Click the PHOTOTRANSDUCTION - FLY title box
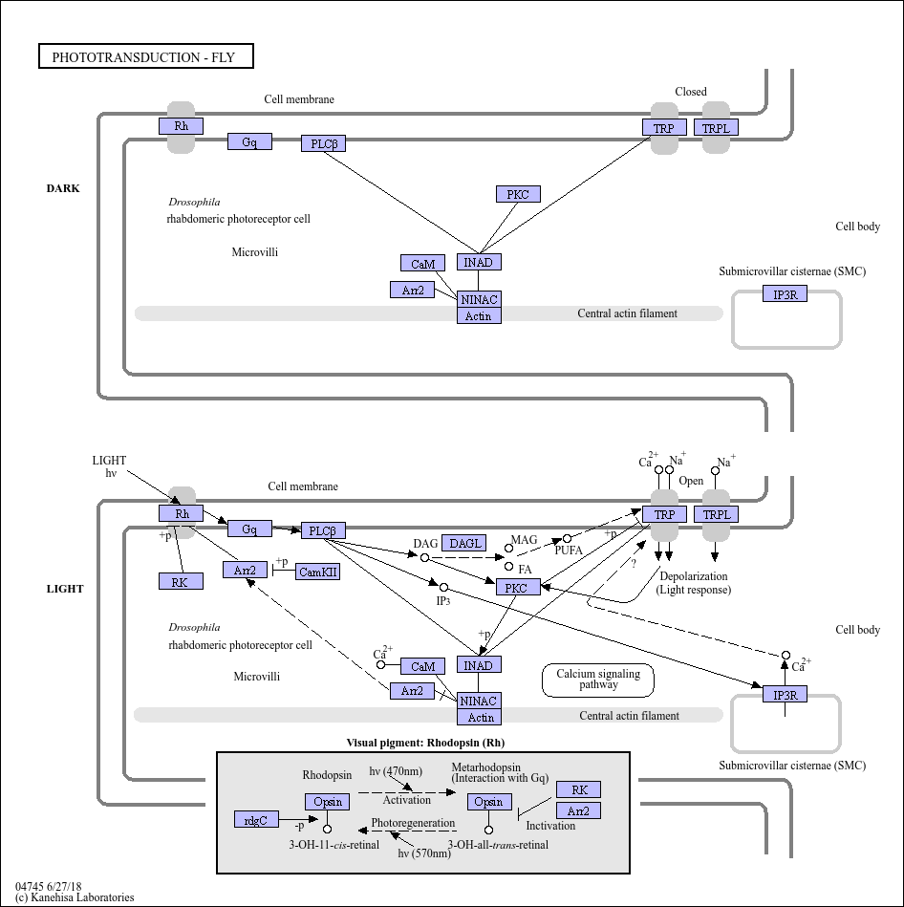pos(146,56)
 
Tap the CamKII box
pos(317,572)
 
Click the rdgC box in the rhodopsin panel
pos(256,820)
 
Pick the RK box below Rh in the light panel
pos(181,581)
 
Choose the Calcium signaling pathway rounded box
pos(598,680)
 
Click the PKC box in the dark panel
pos(518,194)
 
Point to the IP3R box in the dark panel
pos(785,293)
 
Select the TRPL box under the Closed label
pos(716,127)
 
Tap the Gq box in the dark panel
pos(249,141)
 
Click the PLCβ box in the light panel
pos(323,530)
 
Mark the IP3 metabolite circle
pos(443,588)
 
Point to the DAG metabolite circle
pos(424,557)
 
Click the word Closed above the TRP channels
pos(691,92)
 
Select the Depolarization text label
pos(694,576)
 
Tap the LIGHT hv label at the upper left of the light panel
pos(109,466)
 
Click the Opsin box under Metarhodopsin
pos(489,801)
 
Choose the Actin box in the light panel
pos(479,717)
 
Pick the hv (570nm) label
pos(424,853)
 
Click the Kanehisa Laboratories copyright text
pos(75,897)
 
